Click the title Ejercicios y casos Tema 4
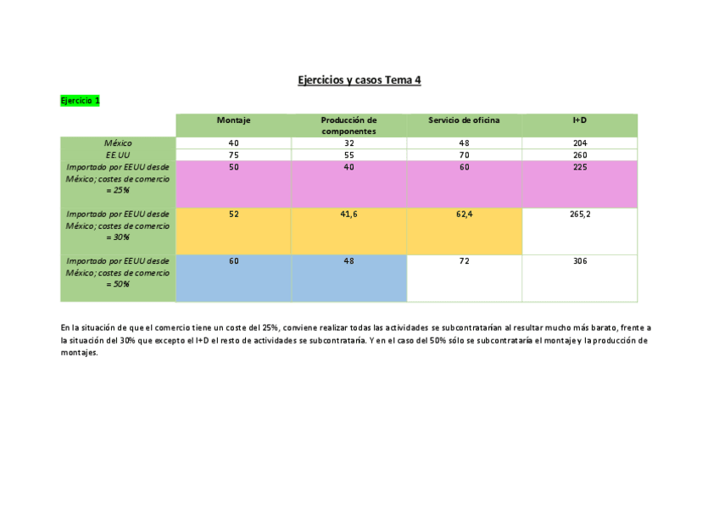coord(359,81)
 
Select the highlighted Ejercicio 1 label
coord(80,101)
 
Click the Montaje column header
coord(233,120)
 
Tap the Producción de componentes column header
coord(348,126)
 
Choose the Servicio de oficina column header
coord(464,120)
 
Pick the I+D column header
coord(580,120)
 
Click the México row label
coord(118,143)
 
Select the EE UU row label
coord(118,155)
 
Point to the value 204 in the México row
coord(580,143)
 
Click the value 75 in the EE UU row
coord(233,155)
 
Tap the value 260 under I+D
coord(580,155)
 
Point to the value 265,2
coord(580,215)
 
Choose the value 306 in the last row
coord(580,261)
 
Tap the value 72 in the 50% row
coord(464,261)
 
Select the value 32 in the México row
coord(348,143)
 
